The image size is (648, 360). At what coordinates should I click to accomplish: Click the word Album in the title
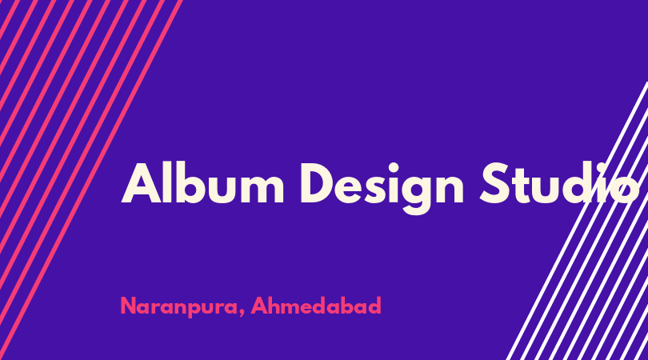click(202, 183)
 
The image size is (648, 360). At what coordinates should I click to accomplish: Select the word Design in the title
click(382, 188)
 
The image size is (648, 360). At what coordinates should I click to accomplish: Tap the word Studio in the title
click(559, 183)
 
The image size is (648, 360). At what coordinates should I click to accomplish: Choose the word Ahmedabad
click(316, 306)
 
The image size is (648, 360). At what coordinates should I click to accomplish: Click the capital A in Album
click(141, 183)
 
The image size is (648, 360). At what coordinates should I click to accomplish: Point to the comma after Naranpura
click(241, 313)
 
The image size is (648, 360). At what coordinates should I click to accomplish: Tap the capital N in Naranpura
click(129, 306)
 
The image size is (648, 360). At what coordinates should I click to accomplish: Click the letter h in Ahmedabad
click(277, 306)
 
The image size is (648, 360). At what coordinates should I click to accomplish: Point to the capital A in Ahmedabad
click(260, 306)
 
